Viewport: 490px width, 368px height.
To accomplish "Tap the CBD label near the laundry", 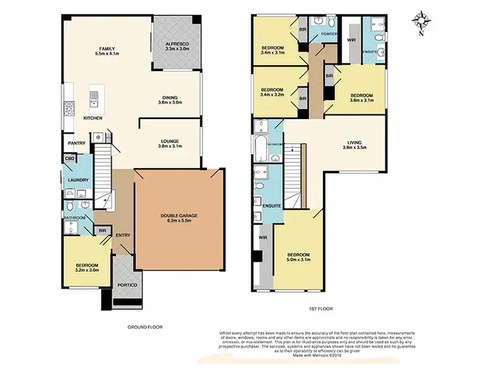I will pos(69,158).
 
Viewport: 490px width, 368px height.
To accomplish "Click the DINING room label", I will pos(169,98).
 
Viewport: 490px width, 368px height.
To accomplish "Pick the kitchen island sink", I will pos(93,99).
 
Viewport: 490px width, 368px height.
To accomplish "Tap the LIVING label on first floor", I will pos(353,144).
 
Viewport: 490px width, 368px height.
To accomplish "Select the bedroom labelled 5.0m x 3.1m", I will pos(297,257).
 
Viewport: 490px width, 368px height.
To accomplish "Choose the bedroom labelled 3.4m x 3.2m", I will pos(271,92).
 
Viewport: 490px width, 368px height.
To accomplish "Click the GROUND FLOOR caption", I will pos(146,327).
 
